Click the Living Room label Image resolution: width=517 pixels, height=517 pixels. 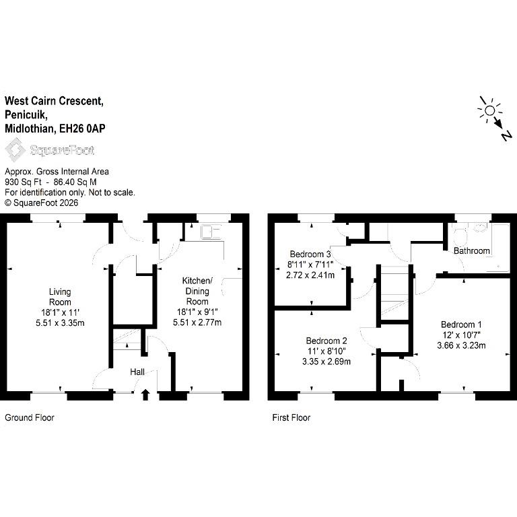(60, 297)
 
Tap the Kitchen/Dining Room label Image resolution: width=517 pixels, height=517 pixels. (197, 291)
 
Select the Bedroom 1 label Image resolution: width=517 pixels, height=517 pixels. (461, 324)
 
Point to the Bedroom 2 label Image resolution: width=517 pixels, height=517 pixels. (326, 341)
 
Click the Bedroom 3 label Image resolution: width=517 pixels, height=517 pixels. (310, 254)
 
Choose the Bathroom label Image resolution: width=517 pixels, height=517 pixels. (471, 251)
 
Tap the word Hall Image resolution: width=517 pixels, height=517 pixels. (137, 372)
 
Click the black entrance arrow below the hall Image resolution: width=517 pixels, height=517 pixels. (145, 394)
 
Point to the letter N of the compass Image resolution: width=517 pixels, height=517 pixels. (507, 135)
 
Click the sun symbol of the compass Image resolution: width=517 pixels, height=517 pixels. (489, 110)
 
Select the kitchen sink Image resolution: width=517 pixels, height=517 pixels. (211, 232)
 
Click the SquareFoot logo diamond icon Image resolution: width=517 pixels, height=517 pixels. (15, 150)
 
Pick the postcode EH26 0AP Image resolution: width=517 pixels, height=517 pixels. (82, 129)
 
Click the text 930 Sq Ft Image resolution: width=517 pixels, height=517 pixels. (23, 182)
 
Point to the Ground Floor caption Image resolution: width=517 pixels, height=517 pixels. (30, 417)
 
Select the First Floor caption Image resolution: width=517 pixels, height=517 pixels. (291, 417)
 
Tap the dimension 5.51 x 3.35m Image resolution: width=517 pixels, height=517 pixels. (60, 323)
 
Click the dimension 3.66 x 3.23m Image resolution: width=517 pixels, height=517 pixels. (461, 345)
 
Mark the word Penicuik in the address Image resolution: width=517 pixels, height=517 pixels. (26, 114)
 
